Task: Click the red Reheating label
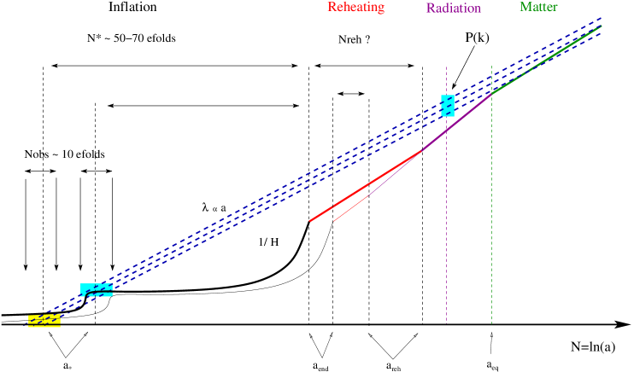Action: [x=355, y=8]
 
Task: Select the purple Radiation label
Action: [x=453, y=9]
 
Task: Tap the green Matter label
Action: [x=538, y=7]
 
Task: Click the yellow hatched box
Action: [x=44, y=321]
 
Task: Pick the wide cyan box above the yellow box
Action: [x=97, y=290]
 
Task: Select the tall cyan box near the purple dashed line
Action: [x=448, y=106]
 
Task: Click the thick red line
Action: [x=366, y=186]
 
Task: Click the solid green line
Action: [x=547, y=58]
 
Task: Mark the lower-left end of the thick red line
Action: [x=310, y=221]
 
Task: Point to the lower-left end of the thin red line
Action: [x=333, y=221]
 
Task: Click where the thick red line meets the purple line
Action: [x=422, y=151]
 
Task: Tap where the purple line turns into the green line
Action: [x=491, y=92]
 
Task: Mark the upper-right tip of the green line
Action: [x=602, y=26]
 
